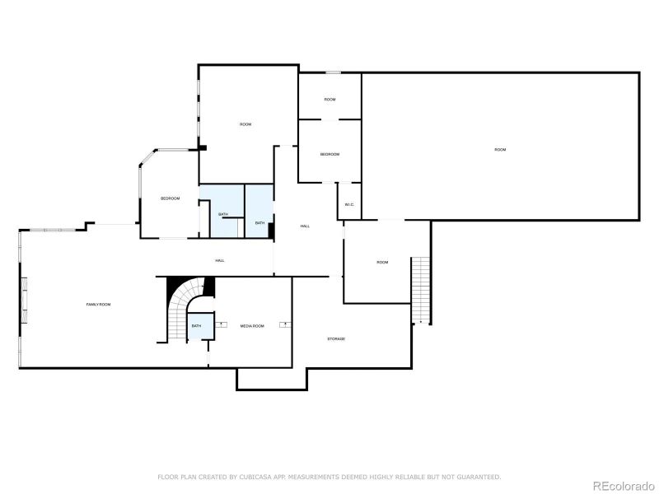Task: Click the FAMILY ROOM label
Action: (98, 305)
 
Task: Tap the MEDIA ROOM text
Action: (252, 326)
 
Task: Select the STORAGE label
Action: (335, 339)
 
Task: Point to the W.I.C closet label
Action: (349, 204)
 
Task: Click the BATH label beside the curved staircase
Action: (196, 326)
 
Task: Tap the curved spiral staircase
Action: (183, 309)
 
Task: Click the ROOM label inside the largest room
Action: (500, 150)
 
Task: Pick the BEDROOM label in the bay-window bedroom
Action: (170, 198)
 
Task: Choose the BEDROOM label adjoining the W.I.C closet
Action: (329, 155)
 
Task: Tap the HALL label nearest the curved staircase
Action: (220, 261)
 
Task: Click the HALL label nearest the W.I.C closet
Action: (305, 226)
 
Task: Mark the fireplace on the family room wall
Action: (25, 301)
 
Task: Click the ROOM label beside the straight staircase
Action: (382, 263)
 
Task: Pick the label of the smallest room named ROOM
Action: (329, 100)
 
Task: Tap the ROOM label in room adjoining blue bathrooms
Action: (245, 124)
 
